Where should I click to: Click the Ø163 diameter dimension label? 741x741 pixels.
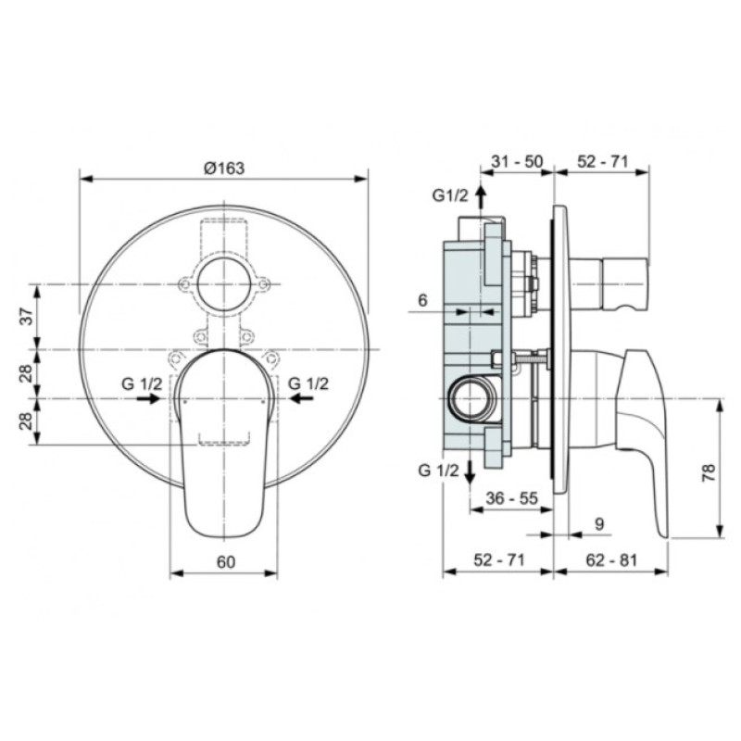tap(224, 169)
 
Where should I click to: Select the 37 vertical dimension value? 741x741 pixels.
tap(30, 316)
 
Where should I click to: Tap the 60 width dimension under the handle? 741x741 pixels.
tap(226, 562)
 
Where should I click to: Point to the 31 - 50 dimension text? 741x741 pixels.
tap(517, 161)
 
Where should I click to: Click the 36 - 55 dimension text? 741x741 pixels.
tap(512, 498)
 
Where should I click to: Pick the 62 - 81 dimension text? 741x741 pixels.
tap(611, 560)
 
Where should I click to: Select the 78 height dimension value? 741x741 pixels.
tap(709, 472)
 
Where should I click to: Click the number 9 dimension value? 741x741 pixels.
tap(599, 523)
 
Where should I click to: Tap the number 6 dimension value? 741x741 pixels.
tap(422, 300)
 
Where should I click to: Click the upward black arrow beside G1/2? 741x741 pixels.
tap(481, 196)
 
